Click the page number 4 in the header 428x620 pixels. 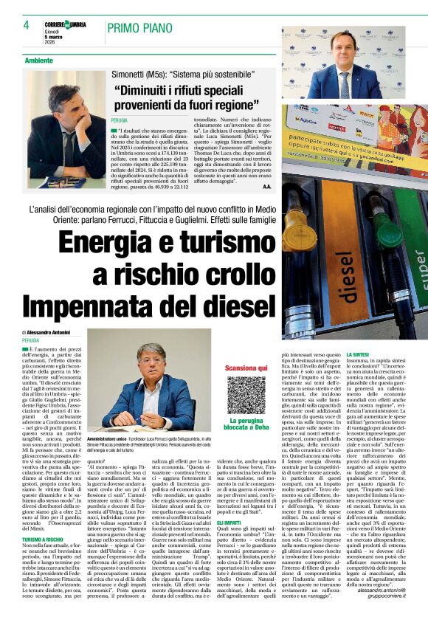26,24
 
